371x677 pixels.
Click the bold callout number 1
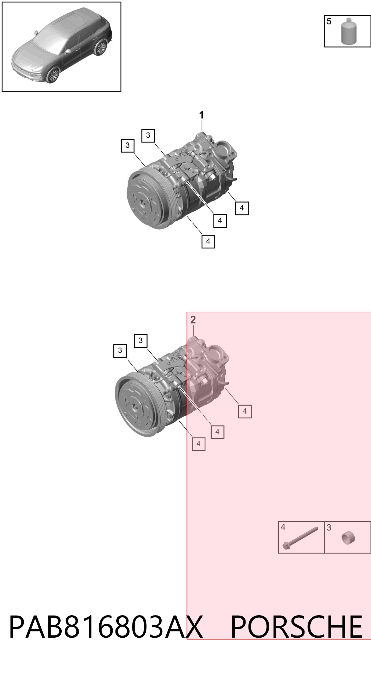[201, 115]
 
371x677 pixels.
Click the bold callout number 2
[193, 320]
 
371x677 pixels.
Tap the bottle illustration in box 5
[349, 31]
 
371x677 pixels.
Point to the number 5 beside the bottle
[329, 21]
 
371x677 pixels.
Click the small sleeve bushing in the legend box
[348, 538]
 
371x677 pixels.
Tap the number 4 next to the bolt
[283, 527]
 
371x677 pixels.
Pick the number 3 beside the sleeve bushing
[329, 527]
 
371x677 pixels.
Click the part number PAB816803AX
[106, 627]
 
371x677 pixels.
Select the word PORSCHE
[297, 627]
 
